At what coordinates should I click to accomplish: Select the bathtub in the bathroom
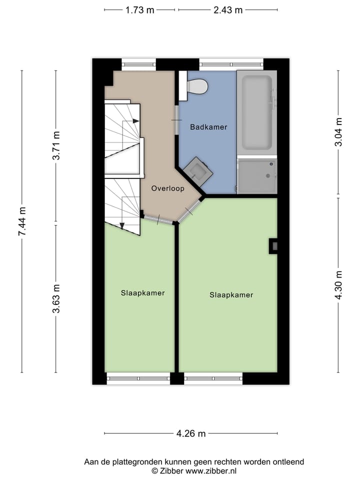point(256,112)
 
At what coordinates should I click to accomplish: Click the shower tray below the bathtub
point(257,176)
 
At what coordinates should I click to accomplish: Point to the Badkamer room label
point(208,127)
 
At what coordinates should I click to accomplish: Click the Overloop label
point(168,188)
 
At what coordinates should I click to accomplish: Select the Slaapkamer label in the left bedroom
point(143,292)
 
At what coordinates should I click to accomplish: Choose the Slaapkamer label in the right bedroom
point(231,295)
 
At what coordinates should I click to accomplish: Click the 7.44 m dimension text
point(21,222)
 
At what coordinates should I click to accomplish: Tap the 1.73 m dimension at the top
point(139,10)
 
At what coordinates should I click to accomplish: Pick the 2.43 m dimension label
point(228,10)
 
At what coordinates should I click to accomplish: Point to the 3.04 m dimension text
point(339,132)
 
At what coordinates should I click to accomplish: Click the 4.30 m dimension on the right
point(339,285)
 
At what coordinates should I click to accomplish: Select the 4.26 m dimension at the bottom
point(191,433)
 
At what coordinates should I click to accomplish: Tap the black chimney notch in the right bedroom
point(273,245)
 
